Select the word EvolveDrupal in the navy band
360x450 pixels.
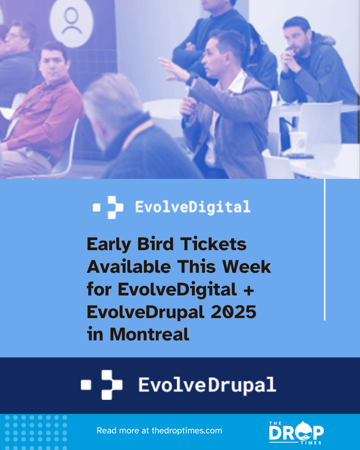[207, 385]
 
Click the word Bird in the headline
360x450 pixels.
[152, 244]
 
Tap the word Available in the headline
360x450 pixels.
[129, 267]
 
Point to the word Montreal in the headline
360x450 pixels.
[150, 334]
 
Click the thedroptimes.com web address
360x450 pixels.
[187, 430]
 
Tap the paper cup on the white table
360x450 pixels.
[298, 141]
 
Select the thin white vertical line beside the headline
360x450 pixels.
[324, 249]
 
